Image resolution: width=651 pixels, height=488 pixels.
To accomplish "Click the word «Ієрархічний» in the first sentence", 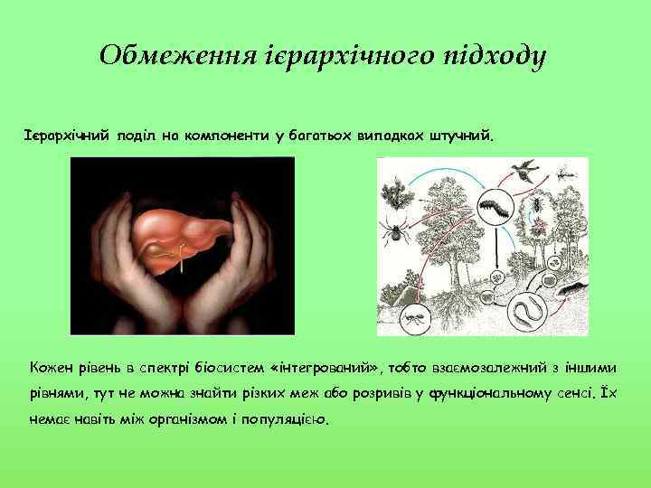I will point(67,136).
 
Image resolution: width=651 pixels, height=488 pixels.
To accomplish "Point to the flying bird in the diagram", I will point(523,167).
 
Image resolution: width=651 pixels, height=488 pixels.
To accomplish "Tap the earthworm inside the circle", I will point(526,309).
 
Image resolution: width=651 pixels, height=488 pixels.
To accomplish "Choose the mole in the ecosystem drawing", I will point(570,290).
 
